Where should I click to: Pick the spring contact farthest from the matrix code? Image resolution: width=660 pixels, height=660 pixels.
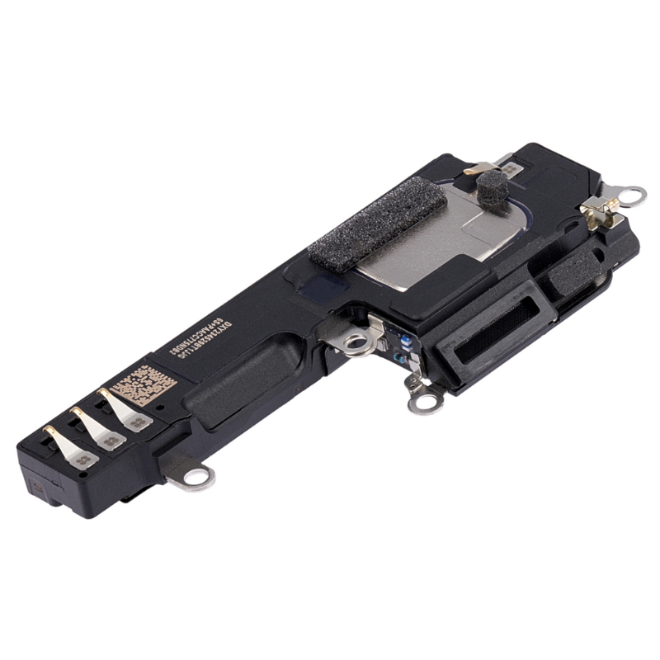coord(71,450)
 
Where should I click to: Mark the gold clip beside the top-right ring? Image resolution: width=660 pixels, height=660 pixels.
coord(597,211)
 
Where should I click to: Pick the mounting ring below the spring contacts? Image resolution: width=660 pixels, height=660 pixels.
coord(195,476)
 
